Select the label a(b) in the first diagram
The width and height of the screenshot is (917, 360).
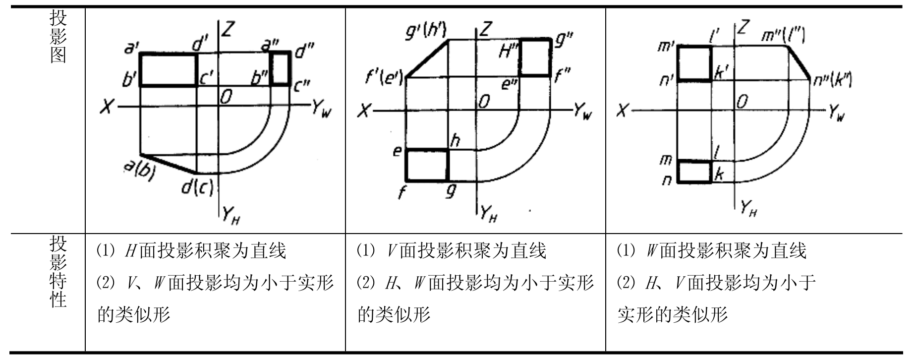point(139,170)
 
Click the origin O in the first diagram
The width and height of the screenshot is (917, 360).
point(226,97)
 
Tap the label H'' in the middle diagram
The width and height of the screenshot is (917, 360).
point(508,51)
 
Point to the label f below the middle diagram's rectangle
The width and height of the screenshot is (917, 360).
point(401,192)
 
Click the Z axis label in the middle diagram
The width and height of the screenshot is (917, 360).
point(485,30)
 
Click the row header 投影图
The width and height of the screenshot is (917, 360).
point(58,37)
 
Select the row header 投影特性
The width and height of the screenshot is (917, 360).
point(58,272)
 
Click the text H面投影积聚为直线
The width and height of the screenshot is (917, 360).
point(206,250)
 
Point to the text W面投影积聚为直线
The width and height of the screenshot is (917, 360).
point(726,250)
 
